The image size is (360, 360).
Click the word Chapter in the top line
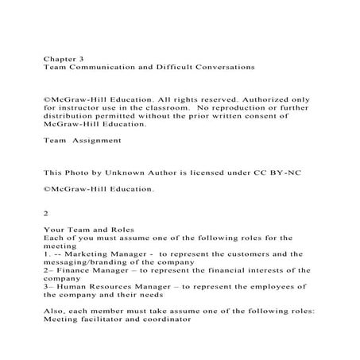coord(58,59)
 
